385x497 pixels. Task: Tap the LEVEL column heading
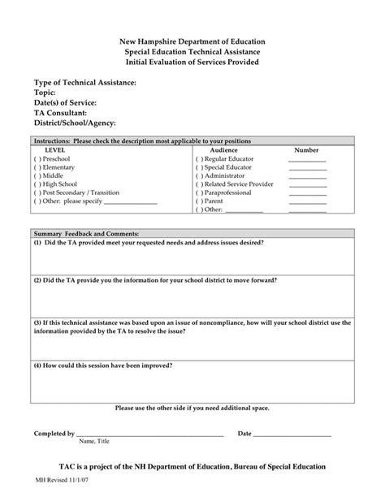coord(55,150)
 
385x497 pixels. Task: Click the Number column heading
coord(306,150)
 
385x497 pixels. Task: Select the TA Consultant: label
coord(65,113)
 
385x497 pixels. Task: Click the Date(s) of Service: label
coord(65,103)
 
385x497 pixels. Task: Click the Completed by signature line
coord(150,435)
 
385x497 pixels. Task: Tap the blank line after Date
coord(292,435)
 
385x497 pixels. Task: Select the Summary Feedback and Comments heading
coord(87,232)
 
